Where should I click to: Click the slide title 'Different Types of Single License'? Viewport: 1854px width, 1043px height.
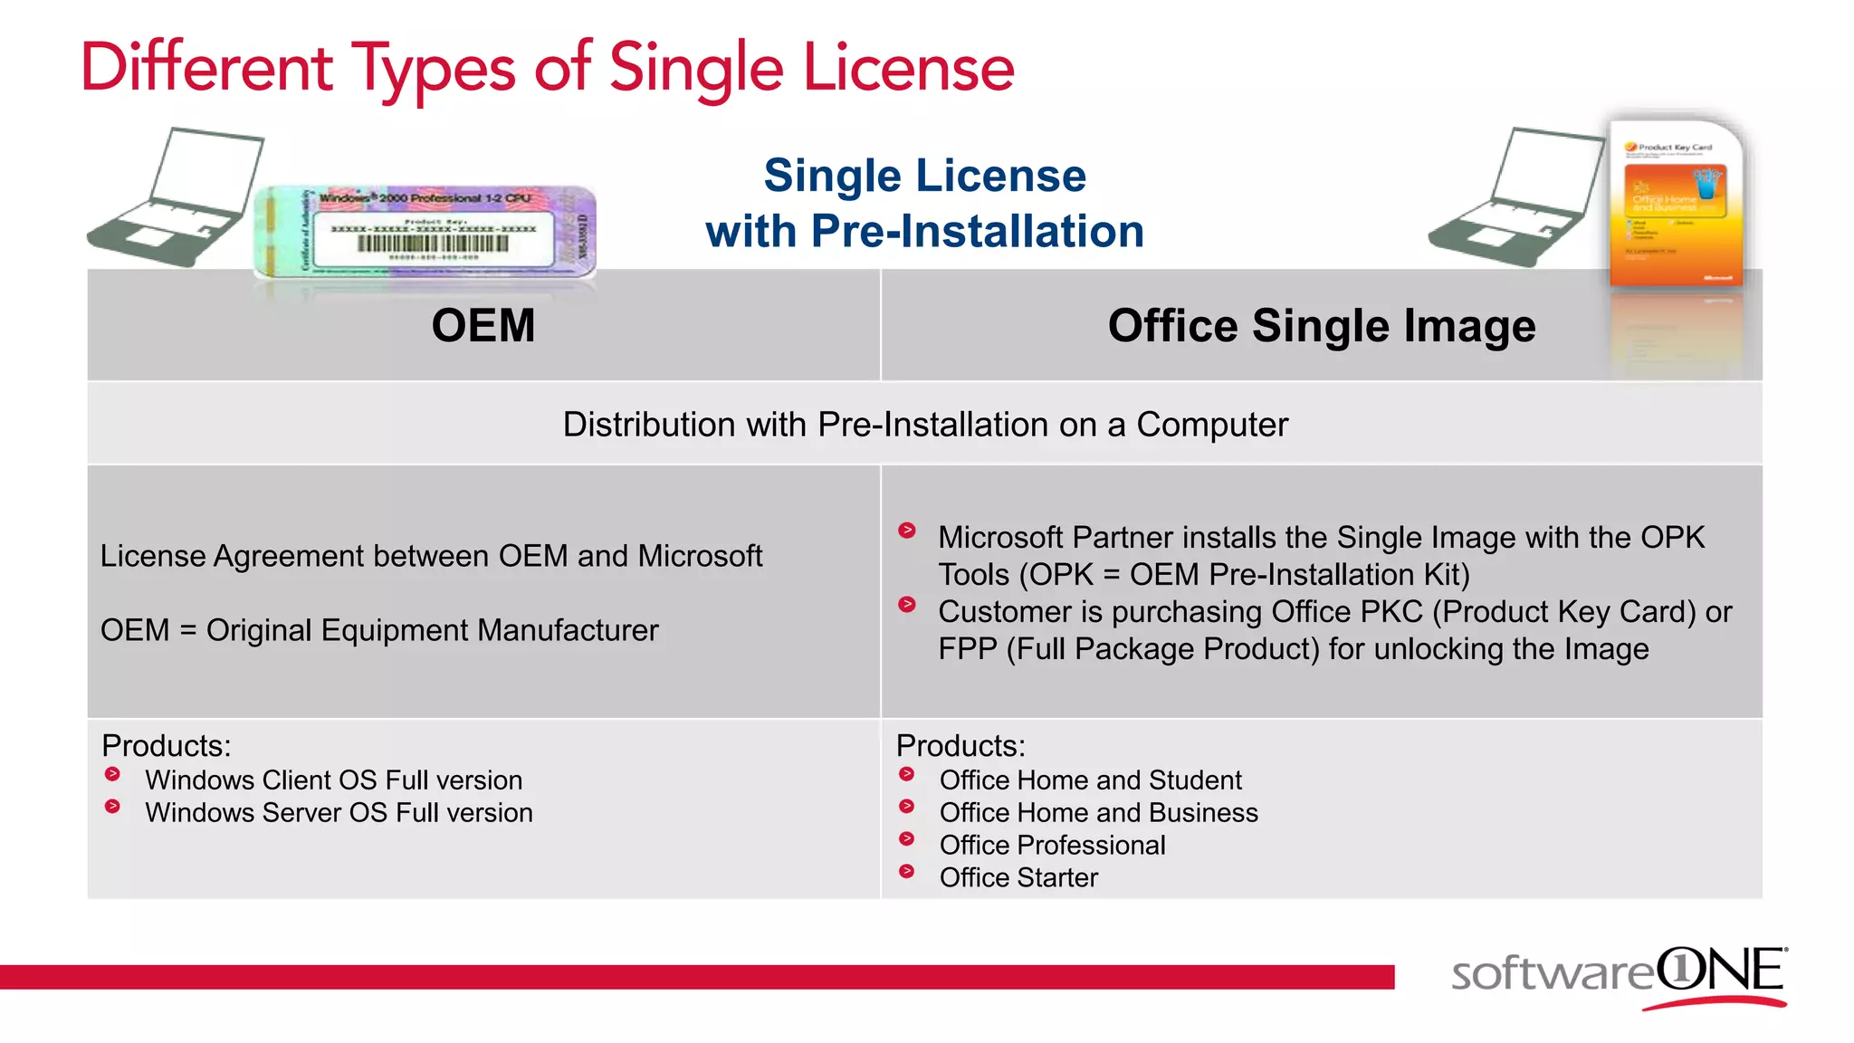(x=548, y=69)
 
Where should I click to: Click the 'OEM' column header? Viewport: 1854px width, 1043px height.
(x=483, y=326)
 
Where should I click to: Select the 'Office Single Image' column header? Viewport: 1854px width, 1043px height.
(x=1321, y=326)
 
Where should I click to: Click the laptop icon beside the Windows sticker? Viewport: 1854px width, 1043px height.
(x=174, y=199)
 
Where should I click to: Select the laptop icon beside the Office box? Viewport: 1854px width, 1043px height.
(x=1514, y=199)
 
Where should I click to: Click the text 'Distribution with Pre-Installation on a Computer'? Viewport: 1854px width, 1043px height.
(x=925, y=425)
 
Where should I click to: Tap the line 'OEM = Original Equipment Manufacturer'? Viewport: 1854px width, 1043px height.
(x=379, y=630)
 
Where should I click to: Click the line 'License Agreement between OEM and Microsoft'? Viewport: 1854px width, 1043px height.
(x=431, y=556)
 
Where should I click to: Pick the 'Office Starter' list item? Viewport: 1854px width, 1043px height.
(x=1018, y=877)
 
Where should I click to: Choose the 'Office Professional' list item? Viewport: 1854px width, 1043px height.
(x=1052, y=845)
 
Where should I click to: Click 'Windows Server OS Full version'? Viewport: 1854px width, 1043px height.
(x=339, y=812)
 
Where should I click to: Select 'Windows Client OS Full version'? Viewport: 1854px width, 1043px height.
(x=333, y=780)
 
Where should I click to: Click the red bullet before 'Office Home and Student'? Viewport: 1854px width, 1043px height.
(x=906, y=774)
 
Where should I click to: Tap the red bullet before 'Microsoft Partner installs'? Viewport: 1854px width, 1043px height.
(x=907, y=531)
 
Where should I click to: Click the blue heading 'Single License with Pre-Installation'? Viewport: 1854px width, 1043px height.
(x=924, y=204)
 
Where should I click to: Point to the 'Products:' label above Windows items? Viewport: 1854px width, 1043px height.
(x=167, y=746)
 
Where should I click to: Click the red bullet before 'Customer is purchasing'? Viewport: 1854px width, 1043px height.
(x=907, y=605)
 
